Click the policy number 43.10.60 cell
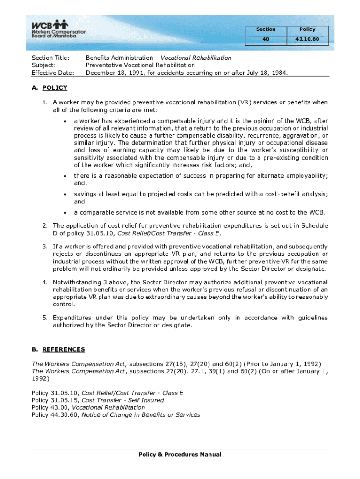click(308, 39)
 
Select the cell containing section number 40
click(266, 39)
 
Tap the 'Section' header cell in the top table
click(266, 29)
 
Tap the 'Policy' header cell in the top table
click(308, 29)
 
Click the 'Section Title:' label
click(50, 58)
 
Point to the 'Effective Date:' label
click(52, 73)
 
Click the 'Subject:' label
click(43, 65)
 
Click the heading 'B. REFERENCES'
click(58, 349)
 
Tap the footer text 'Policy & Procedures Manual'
click(180, 455)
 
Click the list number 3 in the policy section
click(45, 247)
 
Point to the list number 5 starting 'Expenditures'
click(45, 318)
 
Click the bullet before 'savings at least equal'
click(64, 195)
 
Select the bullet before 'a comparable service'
click(64, 213)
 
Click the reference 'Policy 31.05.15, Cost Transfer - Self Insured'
click(98, 400)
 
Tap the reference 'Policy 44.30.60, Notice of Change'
click(115, 415)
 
